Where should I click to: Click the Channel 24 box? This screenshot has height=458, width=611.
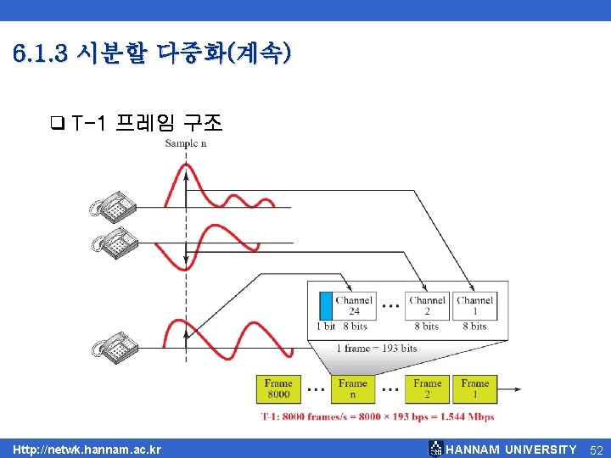point(354,305)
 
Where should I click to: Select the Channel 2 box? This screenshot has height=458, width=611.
point(427,305)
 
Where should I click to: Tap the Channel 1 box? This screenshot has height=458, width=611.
point(474,305)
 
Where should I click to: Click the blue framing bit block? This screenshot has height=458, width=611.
point(326,305)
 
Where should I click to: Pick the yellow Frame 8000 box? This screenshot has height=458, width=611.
point(278,389)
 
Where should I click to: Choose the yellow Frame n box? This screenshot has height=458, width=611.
point(352,389)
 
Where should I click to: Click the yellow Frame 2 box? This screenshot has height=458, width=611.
point(427,389)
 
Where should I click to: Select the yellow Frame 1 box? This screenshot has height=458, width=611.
point(474,389)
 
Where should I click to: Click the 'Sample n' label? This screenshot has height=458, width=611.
point(186,143)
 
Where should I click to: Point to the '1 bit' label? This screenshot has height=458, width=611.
point(326,327)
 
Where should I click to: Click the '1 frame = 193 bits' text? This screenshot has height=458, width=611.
point(376,349)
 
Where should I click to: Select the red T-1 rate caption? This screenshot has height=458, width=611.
point(377,417)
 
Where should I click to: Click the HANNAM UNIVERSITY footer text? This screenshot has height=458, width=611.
point(510,449)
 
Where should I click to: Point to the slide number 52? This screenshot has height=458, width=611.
point(596,449)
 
